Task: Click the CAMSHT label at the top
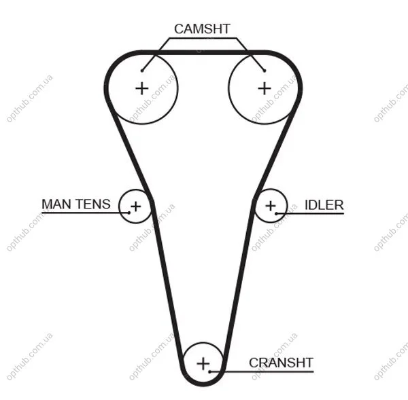point(202,29)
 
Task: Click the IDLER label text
point(324,205)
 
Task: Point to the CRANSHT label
point(281,363)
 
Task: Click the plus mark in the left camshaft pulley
point(142,88)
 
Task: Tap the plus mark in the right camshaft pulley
point(265,88)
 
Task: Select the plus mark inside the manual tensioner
point(135,206)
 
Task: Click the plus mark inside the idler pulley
point(271,206)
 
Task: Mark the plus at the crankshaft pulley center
point(203,363)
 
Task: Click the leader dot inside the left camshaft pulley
point(142,71)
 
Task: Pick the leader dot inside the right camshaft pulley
point(265,71)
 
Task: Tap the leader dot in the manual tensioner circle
point(129,213)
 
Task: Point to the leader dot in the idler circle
point(277,213)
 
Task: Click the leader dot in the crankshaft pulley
point(209,371)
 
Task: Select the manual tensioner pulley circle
point(119,206)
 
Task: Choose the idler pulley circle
point(287,206)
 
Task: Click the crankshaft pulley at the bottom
point(203,343)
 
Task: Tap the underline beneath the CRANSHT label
point(262,371)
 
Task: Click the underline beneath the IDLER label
point(310,213)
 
